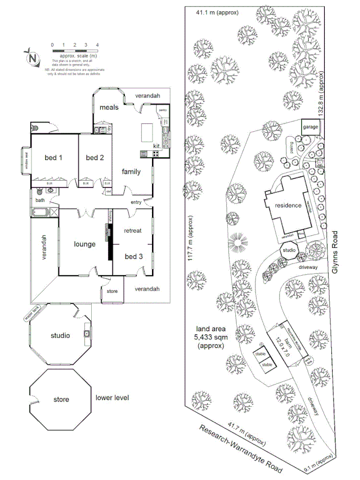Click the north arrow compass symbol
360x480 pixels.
[x=33, y=57]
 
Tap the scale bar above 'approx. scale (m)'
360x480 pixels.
[x=75, y=50]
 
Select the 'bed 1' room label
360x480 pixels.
[x=53, y=157]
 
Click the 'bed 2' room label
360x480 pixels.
[x=94, y=157]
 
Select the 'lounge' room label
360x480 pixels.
[x=84, y=244]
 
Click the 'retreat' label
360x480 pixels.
[x=133, y=231]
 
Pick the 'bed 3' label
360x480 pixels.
[x=133, y=256]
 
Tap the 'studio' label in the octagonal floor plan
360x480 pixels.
[x=60, y=335]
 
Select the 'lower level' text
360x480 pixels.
[x=112, y=398]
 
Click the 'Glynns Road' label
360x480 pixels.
[x=335, y=252]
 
